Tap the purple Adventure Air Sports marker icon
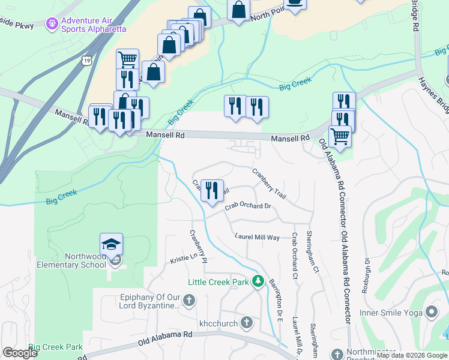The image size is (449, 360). click(x=53, y=23)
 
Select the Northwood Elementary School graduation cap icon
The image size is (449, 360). click(x=111, y=244)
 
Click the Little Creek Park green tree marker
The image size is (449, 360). click(x=259, y=280)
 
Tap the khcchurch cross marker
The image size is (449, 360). click(x=246, y=323)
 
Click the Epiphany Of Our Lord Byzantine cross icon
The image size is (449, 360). click(x=188, y=300)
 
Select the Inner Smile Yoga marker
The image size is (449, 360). click(x=430, y=312)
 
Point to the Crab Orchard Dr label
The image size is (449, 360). click(x=249, y=207)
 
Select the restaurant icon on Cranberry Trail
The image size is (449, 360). click(x=212, y=191)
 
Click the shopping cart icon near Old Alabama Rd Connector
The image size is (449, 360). click(x=340, y=136)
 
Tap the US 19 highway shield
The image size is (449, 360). click(x=88, y=61)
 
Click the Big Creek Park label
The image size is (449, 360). click(x=55, y=347)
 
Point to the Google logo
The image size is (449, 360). click(x=20, y=353)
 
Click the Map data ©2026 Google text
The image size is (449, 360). click(x=411, y=355)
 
